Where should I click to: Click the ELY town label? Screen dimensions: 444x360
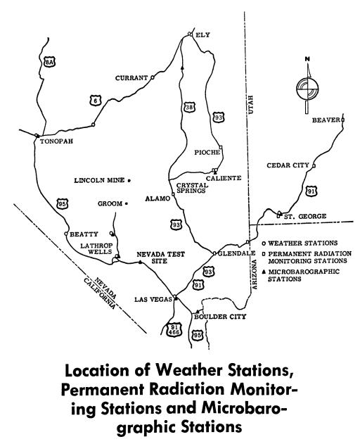click(x=204, y=33)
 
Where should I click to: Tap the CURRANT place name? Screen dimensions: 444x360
click(x=133, y=78)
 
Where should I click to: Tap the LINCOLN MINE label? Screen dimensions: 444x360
click(x=98, y=181)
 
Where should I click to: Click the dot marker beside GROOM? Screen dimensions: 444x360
click(x=127, y=203)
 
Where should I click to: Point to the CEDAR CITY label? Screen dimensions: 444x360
click(x=288, y=165)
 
